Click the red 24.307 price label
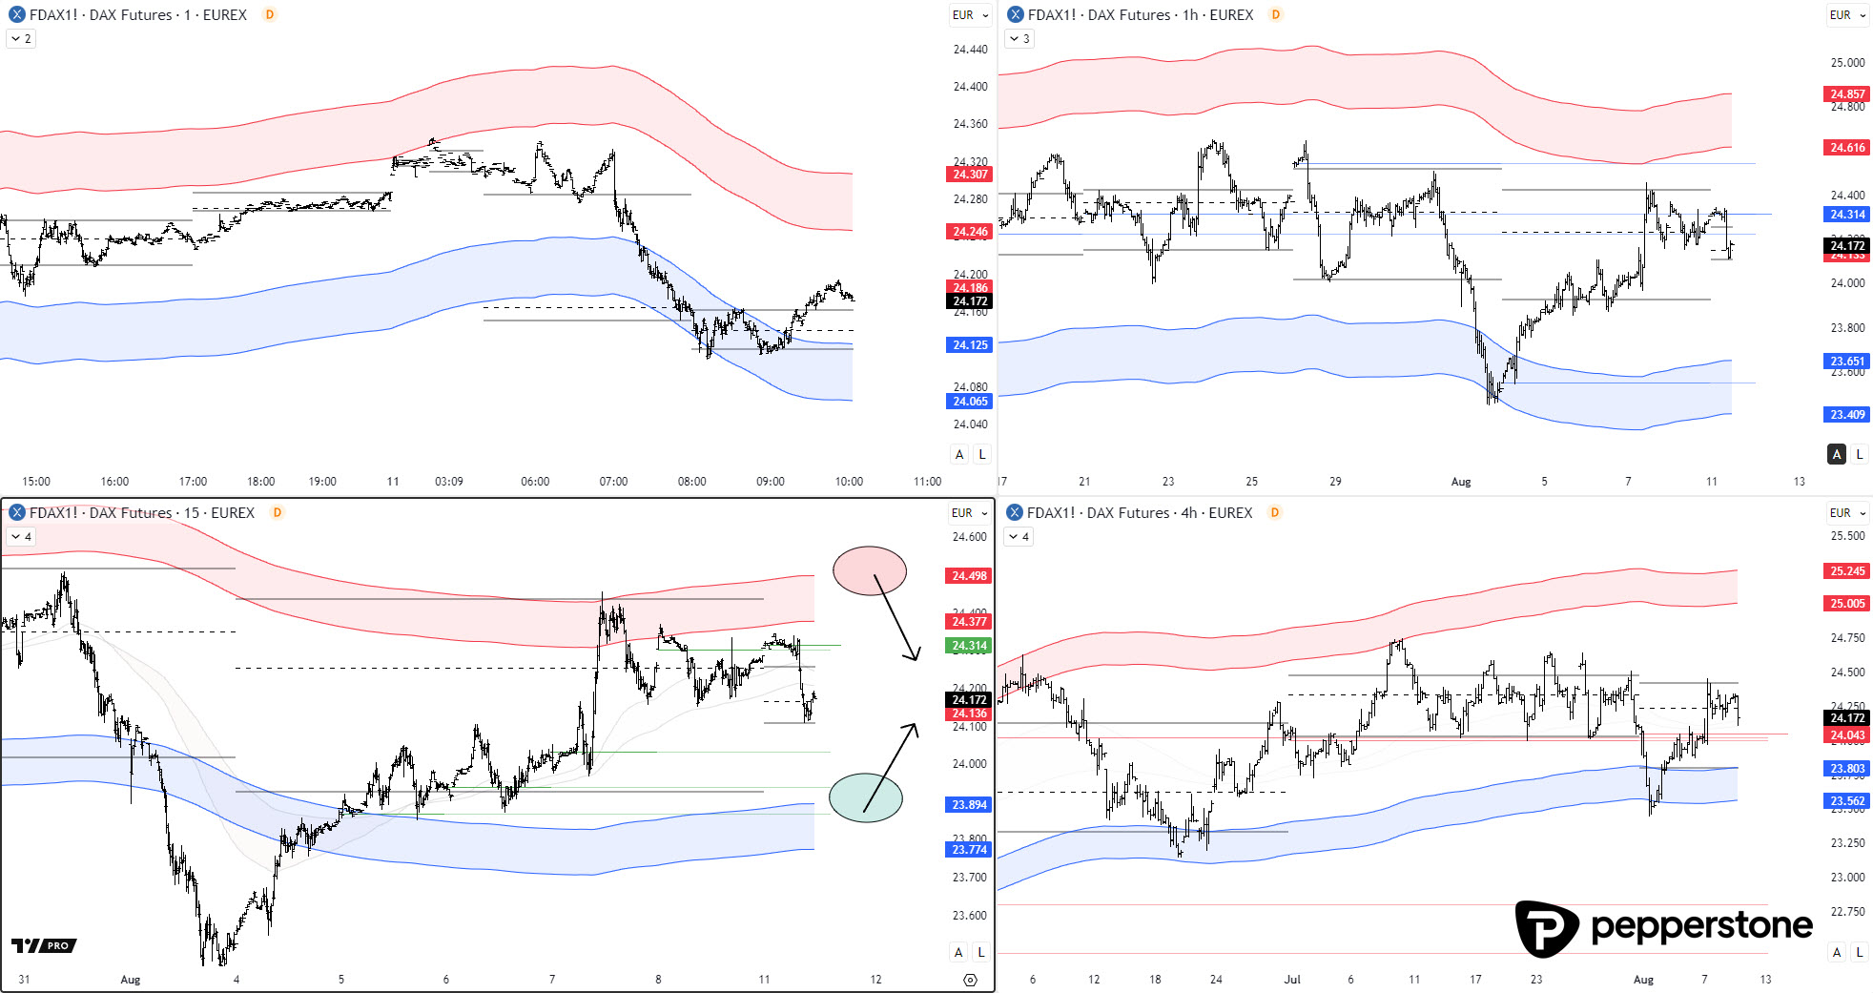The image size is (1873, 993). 970,175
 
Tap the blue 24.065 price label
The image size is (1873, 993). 970,402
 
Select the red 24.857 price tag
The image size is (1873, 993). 1846,93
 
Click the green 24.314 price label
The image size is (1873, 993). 969,646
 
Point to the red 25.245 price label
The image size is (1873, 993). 1846,571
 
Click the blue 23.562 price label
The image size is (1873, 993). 1846,801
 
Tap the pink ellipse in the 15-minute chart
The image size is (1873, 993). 869,570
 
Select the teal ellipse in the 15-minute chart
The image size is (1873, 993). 865,797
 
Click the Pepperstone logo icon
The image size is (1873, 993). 1546,927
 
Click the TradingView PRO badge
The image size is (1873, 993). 44,945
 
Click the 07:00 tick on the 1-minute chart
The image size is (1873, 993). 613,482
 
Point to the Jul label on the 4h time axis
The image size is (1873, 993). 1292,980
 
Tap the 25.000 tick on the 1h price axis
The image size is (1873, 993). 1846,63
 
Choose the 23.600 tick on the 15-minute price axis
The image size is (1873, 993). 969,916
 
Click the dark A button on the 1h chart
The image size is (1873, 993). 1836,454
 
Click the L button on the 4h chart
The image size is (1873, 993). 1859,952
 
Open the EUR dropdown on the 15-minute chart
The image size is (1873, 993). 969,513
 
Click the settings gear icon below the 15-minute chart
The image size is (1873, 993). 970,980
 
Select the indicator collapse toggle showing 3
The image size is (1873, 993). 1019,39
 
